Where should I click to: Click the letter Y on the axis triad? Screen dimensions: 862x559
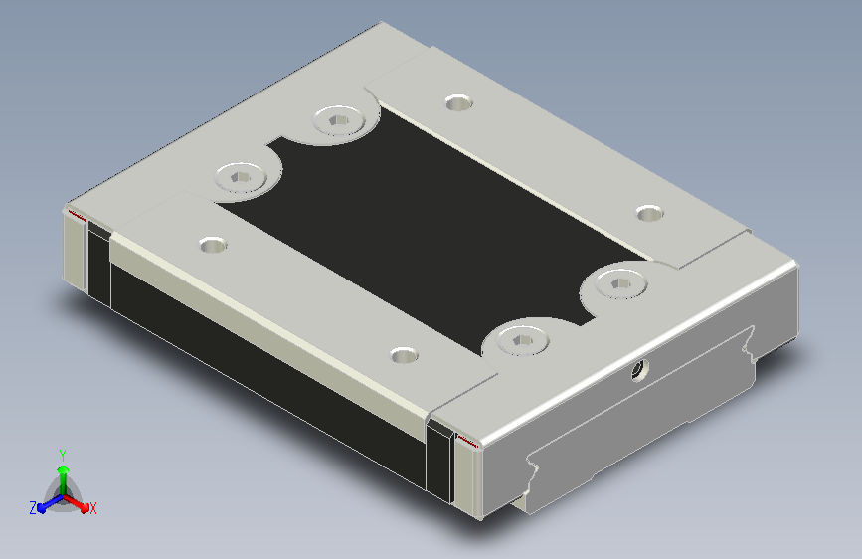coord(63,455)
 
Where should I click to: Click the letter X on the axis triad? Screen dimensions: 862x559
coord(92,508)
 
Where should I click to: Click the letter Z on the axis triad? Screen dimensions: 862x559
coord(33,508)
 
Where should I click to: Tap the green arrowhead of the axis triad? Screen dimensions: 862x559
coord(64,469)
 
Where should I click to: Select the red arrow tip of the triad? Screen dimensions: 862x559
coord(84,506)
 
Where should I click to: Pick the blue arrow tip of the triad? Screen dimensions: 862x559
coord(42,507)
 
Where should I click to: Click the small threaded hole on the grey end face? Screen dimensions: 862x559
coord(639,370)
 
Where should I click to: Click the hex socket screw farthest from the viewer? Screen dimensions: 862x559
coord(339,120)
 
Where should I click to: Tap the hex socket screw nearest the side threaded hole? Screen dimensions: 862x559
coord(522,340)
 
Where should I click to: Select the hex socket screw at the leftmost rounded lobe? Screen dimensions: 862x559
coord(241,177)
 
